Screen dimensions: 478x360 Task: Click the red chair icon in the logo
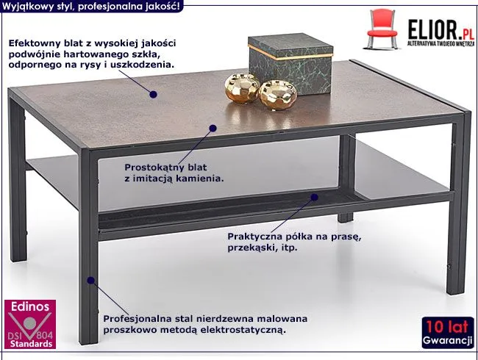[x=382, y=29]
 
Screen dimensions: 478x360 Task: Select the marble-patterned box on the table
[x=290, y=63]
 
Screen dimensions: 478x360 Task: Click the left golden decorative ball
[x=243, y=88]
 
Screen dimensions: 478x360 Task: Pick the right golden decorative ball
[x=278, y=95]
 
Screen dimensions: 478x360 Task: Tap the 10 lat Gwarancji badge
[x=448, y=333]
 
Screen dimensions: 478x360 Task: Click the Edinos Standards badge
[x=30, y=324]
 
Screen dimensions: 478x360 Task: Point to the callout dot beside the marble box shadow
[x=154, y=95]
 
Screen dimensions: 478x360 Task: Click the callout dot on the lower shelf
[x=314, y=198]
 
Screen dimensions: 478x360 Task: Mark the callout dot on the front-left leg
[x=90, y=280]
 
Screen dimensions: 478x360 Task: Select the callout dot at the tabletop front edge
[x=213, y=129]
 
